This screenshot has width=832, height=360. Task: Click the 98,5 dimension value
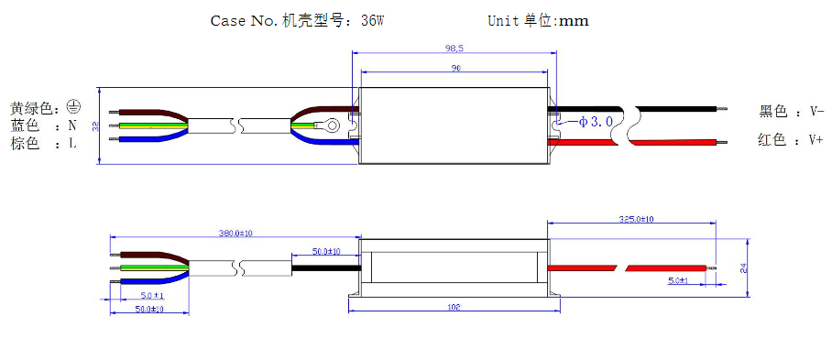pyautogui.click(x=454, y=49)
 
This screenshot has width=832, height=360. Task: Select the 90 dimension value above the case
pyautogui.click(x=454, y=68)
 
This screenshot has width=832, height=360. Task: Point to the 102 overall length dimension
pyautogui.click(x=454, y=308)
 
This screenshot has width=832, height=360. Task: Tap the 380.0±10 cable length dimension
pyautogui.click(x=235, y=234)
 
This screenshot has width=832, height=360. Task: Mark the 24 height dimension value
pyautogui.click(x=743, y=268)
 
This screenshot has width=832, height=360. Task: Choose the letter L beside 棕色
pyautogui.click(x=71, y=144)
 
